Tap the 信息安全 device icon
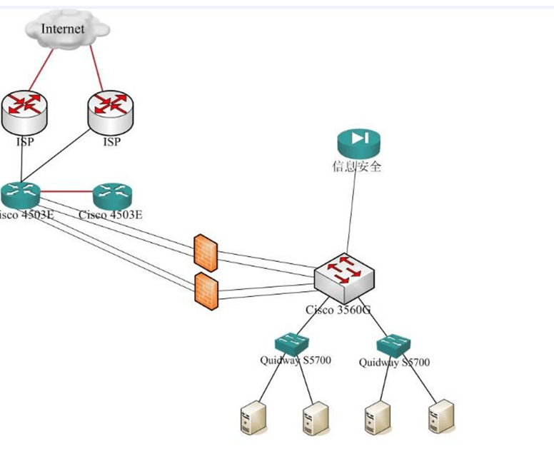(x=358, y=143)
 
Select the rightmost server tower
(x=440, y=417)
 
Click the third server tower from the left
(x=378, y=417)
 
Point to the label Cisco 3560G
(x=338, y=310)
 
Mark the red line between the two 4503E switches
(x=66, y=191)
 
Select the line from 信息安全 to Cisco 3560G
(x=351, y=214)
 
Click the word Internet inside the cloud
(x=63, y=29)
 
